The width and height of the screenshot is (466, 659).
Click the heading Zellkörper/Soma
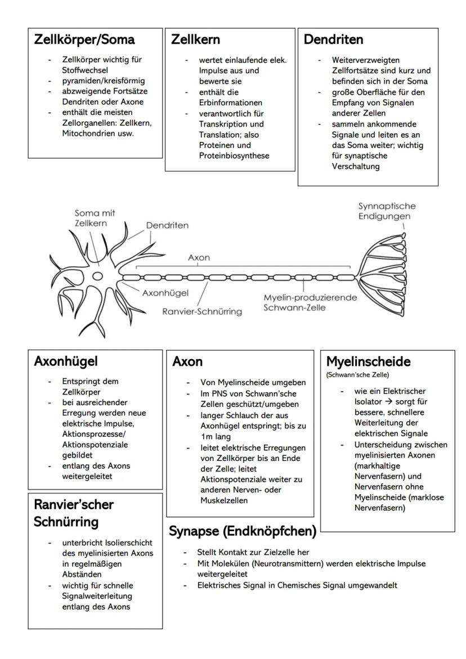tap(84, 40)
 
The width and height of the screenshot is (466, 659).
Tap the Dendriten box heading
tap(334, 40)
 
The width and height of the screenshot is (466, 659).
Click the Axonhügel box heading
tap(66, 361)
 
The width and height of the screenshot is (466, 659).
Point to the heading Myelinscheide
tap(369, 361)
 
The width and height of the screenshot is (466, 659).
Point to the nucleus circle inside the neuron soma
tap(98, 276)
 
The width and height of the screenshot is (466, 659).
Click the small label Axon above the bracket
tap(199, 258)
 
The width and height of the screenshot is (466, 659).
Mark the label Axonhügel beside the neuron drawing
tap(165, 293)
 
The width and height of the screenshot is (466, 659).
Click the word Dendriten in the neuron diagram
tap(168, 225)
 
